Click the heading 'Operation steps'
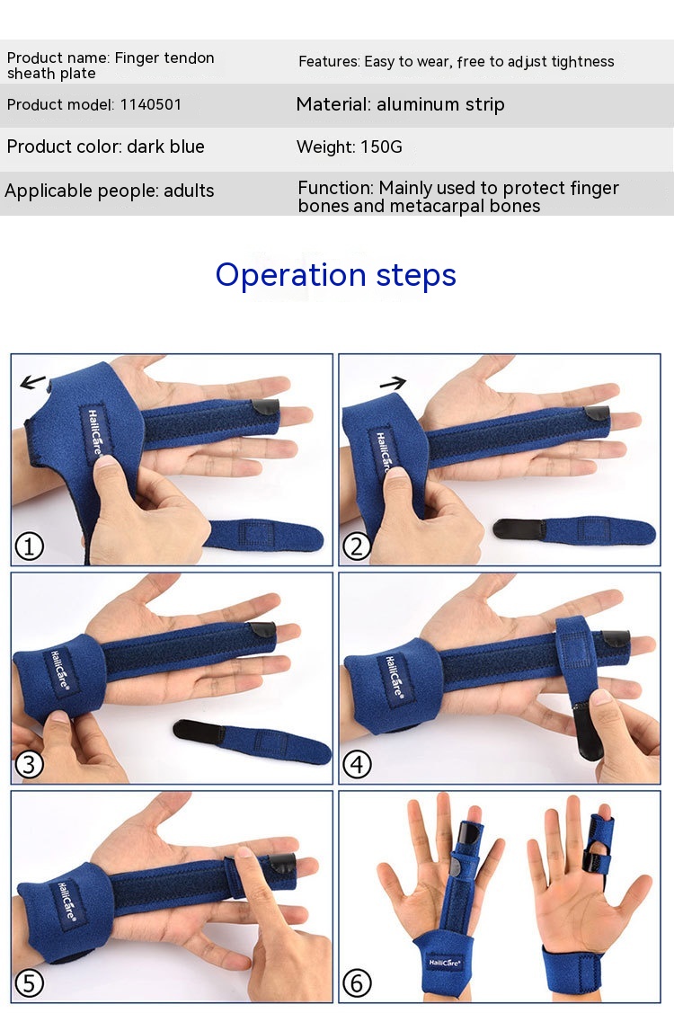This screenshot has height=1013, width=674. coord(336,275)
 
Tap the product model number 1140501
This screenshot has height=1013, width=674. coord(151,104)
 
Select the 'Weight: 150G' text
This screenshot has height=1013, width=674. coord(349,147)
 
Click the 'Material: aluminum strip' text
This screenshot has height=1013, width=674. coord(400,104)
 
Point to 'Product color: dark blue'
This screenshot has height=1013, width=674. coord(105,147)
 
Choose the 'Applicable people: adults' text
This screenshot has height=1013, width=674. coord(110,191)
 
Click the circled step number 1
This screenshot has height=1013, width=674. coord(29,546)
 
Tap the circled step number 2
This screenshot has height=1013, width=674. coord(357,546)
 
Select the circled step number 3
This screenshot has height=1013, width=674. coord(29,765)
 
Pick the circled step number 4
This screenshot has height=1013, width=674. coord(357,765)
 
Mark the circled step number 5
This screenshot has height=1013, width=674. coord(29,983)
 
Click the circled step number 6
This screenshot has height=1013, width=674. coord(357,983)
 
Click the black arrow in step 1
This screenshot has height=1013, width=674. coord(33,382)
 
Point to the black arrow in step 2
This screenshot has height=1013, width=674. coord(393,384)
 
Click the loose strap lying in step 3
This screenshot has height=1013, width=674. coord(252,741)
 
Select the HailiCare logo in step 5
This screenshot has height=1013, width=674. coord(67,901)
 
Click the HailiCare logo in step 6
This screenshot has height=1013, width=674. coord(444,963)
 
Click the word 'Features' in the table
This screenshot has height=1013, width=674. coord(328,61)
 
